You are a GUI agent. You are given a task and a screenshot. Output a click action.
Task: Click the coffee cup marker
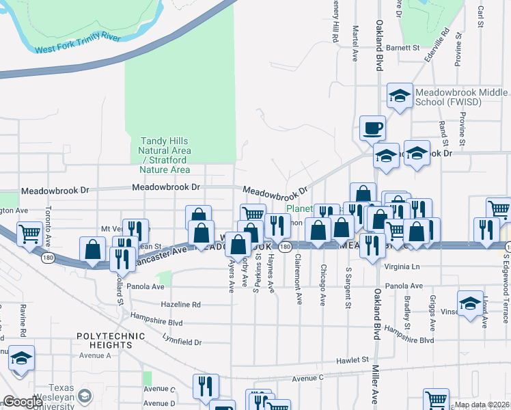pyautogui.click(x=372, y=128)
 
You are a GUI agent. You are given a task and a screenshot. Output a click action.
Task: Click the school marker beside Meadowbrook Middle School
pyautogui.click(x=399, y=96)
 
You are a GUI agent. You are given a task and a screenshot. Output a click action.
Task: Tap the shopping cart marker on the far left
pyautogui.click(x=29, y=234)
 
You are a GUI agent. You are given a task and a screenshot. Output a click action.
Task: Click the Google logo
pyautogui.click(x=22, y=402)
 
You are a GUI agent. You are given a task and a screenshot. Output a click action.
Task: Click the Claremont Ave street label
pyautogui.click(x=298, y=279)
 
